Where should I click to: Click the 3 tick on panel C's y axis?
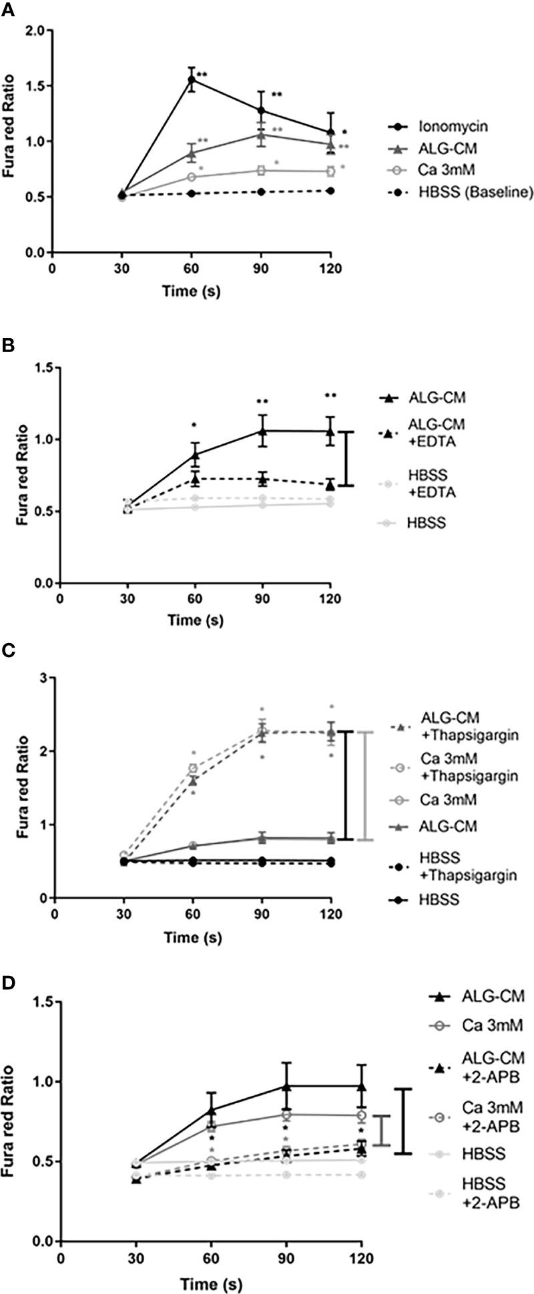point(45,678)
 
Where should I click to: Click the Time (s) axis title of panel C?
point(194,938)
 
